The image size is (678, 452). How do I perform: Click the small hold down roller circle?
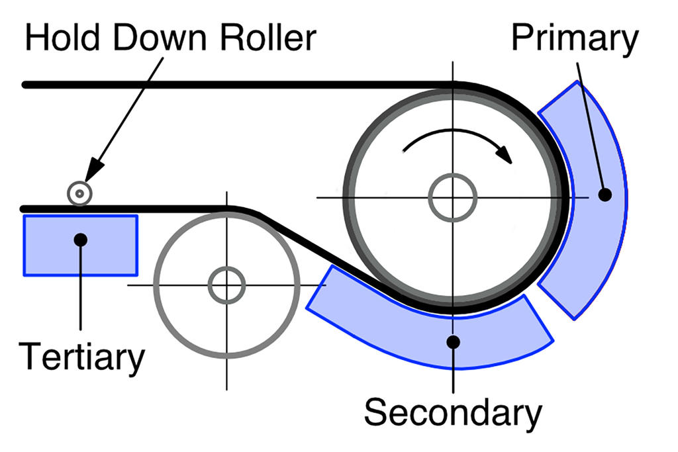pos(79,193)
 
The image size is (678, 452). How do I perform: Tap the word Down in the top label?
pos(150,38)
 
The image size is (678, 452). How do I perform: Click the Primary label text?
pos(574,40)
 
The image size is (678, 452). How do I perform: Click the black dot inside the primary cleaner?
pos(603,195)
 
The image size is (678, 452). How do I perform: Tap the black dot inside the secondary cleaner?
pos(453,341)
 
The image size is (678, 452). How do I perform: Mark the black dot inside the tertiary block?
pos(80,239)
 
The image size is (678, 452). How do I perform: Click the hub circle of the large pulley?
pos(453,197)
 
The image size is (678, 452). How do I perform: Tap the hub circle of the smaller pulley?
pos(226,285)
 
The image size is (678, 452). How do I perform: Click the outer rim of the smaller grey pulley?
pos(157,285)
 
